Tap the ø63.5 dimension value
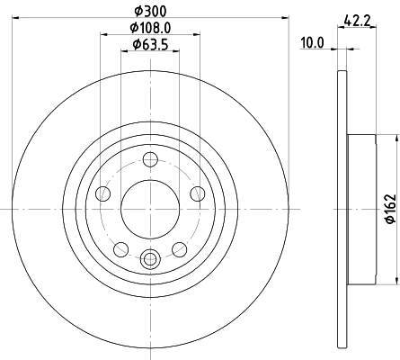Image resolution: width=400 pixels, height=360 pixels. (x=148, y=44)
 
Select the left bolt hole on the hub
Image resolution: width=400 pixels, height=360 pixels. (x=103, y=194)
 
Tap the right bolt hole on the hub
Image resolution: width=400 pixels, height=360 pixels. (x=197, y=191)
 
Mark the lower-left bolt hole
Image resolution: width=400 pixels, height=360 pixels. (x=120, y=247)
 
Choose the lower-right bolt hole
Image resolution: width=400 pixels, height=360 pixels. (x=179, y=247)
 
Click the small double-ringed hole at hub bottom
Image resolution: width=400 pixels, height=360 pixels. (x=150, y=259)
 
